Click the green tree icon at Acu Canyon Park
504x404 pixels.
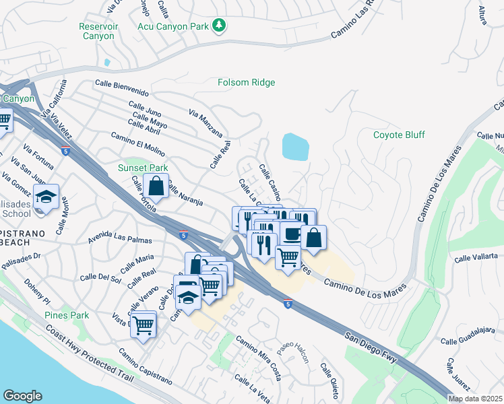pyautogui.click(x=218, y=26)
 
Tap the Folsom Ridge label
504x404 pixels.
pyautogui.click(x=246, y=82)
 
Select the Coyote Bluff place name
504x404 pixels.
pyautogui.click(x=399, y=135)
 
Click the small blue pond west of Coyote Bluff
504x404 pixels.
pyautogui.click(x=295, y=146)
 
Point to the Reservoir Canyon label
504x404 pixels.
pyautogui.click(x=98, y=32)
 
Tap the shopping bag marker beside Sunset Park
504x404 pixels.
pyautogui.click(x=156, y=186)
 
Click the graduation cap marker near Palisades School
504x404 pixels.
pyautogui.click(x=46, y=197)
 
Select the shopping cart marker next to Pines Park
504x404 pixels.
pyautogui.click(x=143, y=326)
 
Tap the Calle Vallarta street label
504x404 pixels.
pyautogui.click(x=476, y=257)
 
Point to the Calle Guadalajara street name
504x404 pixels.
pyautogui.click(x=471, y=341)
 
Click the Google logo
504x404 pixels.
pyautogui.click(x=23, y=396)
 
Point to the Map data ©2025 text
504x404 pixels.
pyautogui.click(x=475, y=399)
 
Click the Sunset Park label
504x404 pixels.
pyautogui.click(x=142, y=168)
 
